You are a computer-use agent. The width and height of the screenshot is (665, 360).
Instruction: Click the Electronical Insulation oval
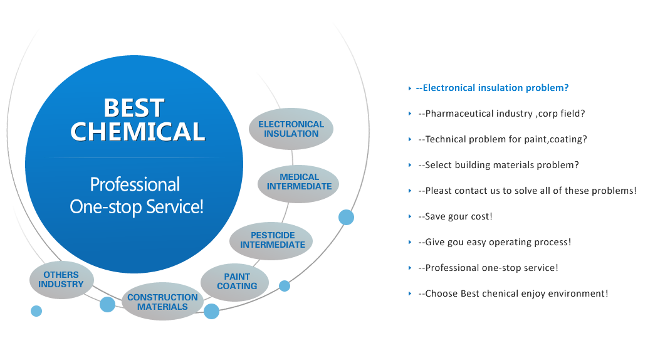pyautogui.click(x=291, y=129)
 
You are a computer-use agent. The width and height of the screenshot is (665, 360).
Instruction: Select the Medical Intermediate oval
pyautogui.click(x=299, y=182)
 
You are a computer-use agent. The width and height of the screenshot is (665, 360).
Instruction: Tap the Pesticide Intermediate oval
pyautogui.click(x=272, y=240)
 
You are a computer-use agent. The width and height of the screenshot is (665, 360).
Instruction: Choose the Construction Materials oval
pyautogui.click(x=162, y=302)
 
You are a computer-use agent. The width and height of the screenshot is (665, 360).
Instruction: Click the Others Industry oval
pyautogui.click(x=61, y=280)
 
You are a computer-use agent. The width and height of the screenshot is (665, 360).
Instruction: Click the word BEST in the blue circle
pyautogui.click(x=134, y=108)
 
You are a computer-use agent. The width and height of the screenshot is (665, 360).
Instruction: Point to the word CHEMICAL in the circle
pyautogui.click(x=137, y=132)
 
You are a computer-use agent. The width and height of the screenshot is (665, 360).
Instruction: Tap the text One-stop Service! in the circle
pyautogui.click(x=137, y=207)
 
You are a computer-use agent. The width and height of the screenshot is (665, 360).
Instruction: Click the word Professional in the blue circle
pyautogui.click(x=135, y=184)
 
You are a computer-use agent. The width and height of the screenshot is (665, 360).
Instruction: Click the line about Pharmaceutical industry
pyautogui.click(x=504, y=114)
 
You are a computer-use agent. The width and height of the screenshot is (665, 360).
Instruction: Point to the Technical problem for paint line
pyautogui.click(x=505, y=139)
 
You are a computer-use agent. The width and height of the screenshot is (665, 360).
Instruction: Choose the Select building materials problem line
pyautogui.click(x=501, y=165)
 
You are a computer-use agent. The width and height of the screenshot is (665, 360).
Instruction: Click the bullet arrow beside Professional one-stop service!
pyautogui.click(x=410, y=268)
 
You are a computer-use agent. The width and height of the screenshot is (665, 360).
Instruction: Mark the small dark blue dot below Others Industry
pyautogui.click(x=36, y=310)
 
